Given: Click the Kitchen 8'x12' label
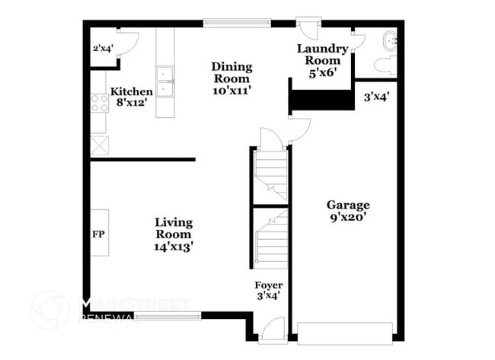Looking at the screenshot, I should (x=132, y=97).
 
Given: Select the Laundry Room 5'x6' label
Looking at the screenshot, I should (x=322, y=61).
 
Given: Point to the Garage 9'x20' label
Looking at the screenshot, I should (x=348, y=211).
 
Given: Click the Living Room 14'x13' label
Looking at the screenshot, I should (x=174, y=234).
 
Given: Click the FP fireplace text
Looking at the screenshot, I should (x=98, y=234).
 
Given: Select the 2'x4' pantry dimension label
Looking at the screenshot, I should (x=103, y=49).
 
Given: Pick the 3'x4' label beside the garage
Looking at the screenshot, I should (x=376, y=97).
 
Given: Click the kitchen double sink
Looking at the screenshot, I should (x=166, y=82).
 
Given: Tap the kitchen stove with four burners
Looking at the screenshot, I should (x=99, y=103).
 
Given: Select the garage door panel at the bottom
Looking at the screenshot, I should (x=344, y=333).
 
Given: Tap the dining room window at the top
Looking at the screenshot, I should (x=236, y=23).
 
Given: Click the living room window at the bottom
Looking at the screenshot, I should (x=169, y=315).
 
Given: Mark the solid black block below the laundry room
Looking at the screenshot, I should (x=321, y=100).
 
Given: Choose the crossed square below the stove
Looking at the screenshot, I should (x=99, y=144).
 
